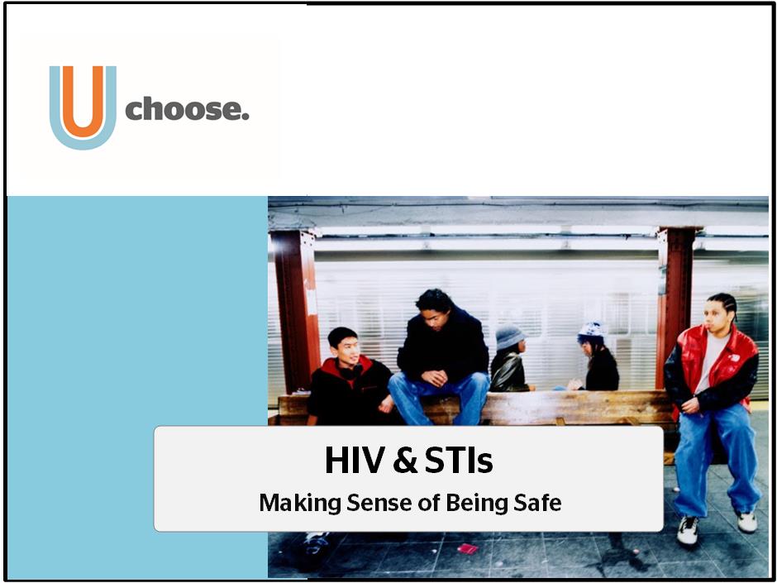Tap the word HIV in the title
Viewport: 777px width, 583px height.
point(355,461)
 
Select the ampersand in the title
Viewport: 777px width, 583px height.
point(405,461)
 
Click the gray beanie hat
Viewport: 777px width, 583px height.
point(509,337)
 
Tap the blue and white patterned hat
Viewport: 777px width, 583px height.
point(592,330)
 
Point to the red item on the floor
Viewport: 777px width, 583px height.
point(467,548)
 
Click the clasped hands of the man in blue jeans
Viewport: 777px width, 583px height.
point(435,378)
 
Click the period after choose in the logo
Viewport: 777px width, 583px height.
point(245,117)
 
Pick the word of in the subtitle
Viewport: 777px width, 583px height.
point(429,503)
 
